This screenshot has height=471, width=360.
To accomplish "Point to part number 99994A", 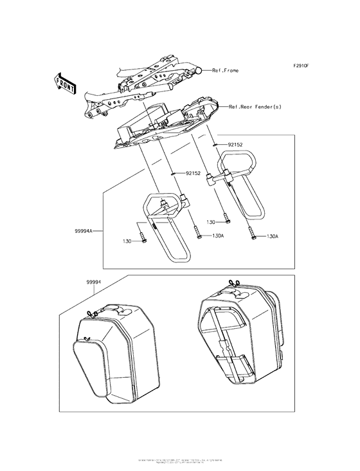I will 83,228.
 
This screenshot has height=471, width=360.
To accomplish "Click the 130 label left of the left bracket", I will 129,241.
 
